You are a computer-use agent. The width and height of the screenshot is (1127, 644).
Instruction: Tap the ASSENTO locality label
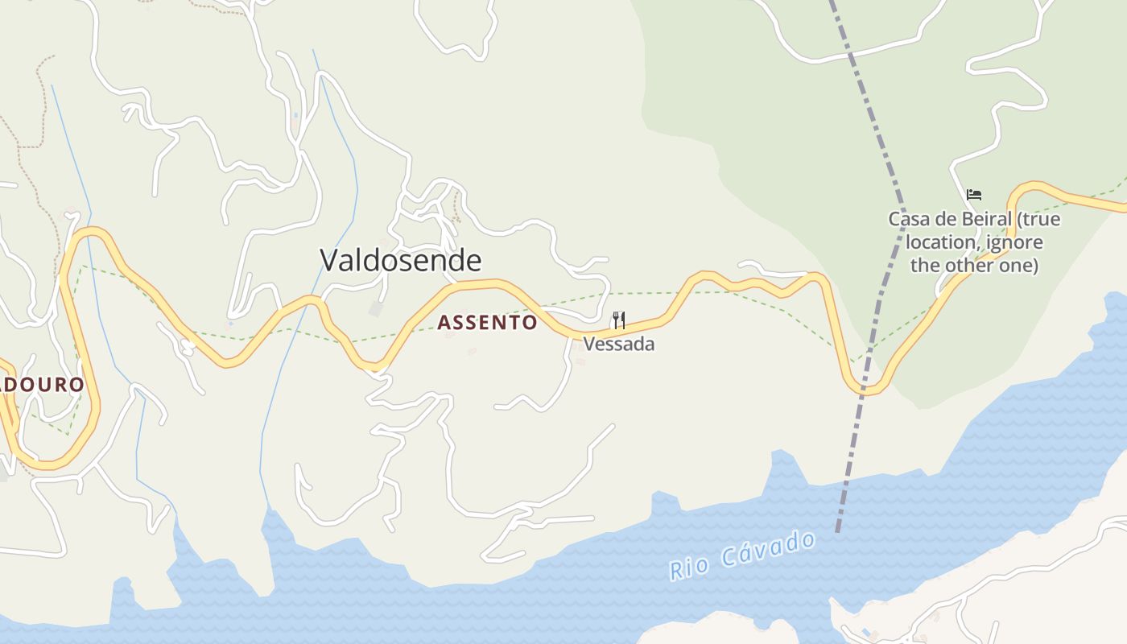click(487, 323)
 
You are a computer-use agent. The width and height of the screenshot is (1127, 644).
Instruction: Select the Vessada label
click(618, 345)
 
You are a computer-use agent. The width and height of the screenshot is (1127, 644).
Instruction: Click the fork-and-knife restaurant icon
click(618, 320)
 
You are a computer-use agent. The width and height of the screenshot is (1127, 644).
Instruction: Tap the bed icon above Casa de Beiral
click(974, 195)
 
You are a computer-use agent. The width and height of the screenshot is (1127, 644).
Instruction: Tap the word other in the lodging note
click(976, 265)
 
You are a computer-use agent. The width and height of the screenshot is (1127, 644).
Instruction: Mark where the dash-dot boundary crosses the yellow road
click(865, 390)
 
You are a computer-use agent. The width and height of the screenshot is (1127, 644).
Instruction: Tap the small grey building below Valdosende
click(376, 309)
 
